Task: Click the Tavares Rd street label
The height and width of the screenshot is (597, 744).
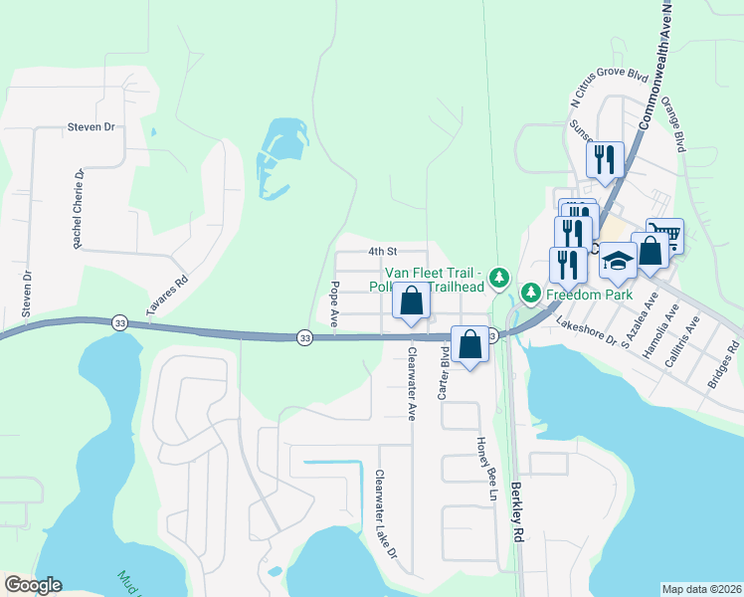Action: click(x=167, y=297)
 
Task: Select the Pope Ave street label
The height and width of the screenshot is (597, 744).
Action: click(x=335, y=304)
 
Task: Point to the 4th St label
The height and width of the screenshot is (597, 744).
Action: click(x=382, y=252)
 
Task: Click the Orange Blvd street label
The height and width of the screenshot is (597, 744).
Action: click(x=673, y=123)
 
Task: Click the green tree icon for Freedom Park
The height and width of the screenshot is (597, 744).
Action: click(x=532, y=293)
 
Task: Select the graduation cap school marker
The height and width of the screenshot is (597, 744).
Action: click(x=618, y=261)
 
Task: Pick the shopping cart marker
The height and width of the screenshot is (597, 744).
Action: click(x=664, y=236)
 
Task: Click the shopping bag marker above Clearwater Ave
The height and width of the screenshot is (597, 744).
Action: click(x=411, y=300)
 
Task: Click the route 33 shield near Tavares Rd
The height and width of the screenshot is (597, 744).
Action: click(x=120, y=323)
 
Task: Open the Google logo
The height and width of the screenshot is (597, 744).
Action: click(x=33, y=585)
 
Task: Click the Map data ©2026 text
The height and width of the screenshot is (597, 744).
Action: click(x=702, y=589)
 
